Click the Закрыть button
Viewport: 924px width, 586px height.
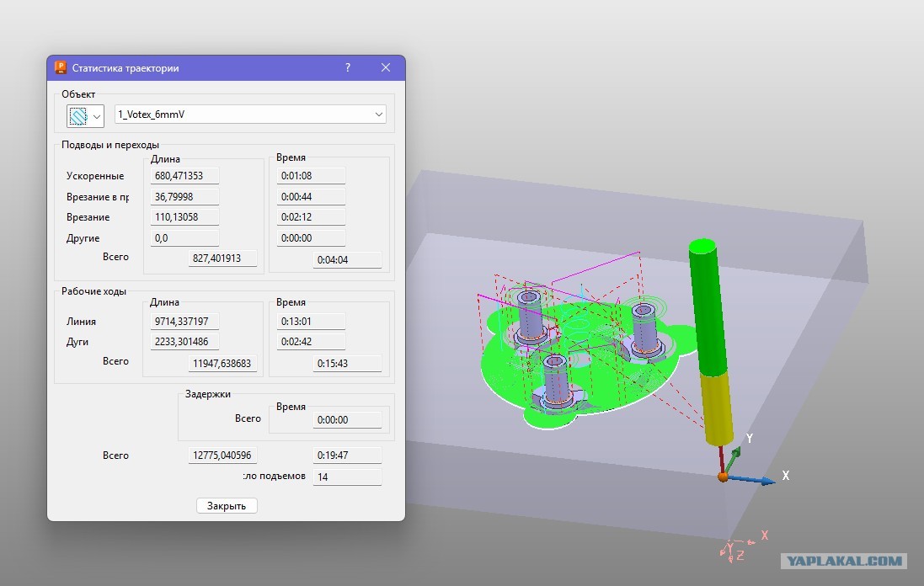point(227,506)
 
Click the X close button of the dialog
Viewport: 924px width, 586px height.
point(386,67)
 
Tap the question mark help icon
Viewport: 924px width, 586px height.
point(348,67)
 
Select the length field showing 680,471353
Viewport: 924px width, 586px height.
point(184,175)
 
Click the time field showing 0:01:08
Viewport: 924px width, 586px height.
point(311,175)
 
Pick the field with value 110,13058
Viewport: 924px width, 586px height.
point(184,216)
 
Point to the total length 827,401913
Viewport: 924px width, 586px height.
point(222,258)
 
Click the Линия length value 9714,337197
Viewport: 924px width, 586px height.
point(184,321)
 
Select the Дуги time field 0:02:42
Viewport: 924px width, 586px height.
point(311,342)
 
